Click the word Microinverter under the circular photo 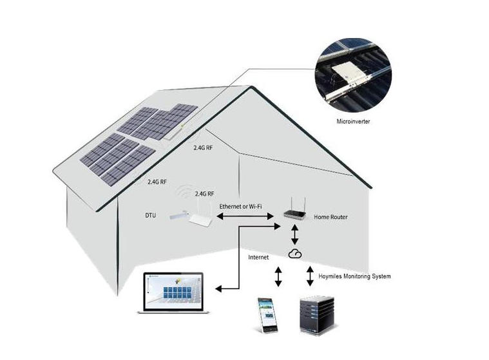pos(354,121)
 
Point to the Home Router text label pos(331,217)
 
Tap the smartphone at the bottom pos(266,314)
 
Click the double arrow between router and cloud pos(294,233)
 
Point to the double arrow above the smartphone pos(278,276)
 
